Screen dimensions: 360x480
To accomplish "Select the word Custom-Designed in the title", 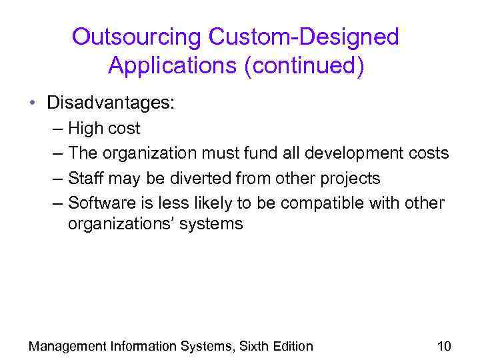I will click(x=304, y=37).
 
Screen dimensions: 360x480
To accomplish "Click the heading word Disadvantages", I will click(x=110, y=103).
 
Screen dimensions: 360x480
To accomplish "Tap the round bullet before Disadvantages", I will click(x=32, y=103).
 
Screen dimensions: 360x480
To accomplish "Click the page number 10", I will click(x=444, y=346).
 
